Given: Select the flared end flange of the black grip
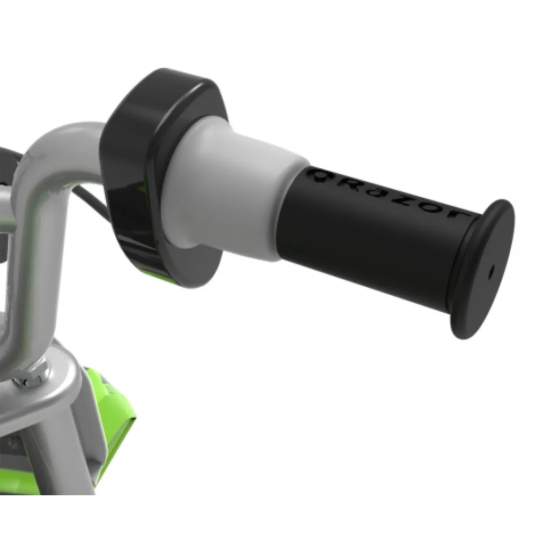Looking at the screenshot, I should pyautogui.click(x=482, y=268).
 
